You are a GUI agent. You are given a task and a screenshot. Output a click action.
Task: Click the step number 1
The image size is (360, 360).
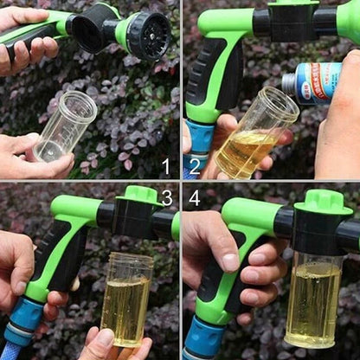165,164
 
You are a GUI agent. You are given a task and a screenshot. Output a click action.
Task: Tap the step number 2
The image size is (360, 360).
196,164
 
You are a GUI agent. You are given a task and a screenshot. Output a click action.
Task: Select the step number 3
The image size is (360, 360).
166,198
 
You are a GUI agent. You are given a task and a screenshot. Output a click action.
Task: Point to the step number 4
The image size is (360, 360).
195,198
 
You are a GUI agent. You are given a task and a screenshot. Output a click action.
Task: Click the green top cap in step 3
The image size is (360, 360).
141,195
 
